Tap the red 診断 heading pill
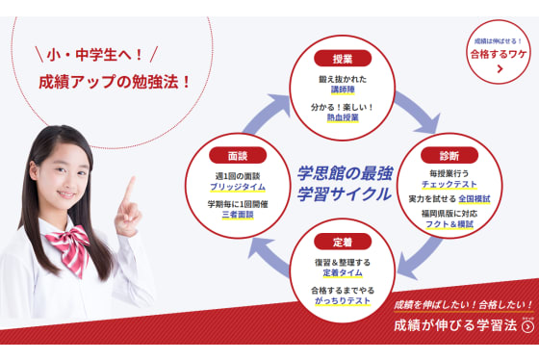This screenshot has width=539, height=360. pyautogui.click(x=447, y=155)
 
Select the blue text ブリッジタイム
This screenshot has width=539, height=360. pyautogui.click(x=237, y=187)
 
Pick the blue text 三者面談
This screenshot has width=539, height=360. pyautogui.click(x=237, y=216)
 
